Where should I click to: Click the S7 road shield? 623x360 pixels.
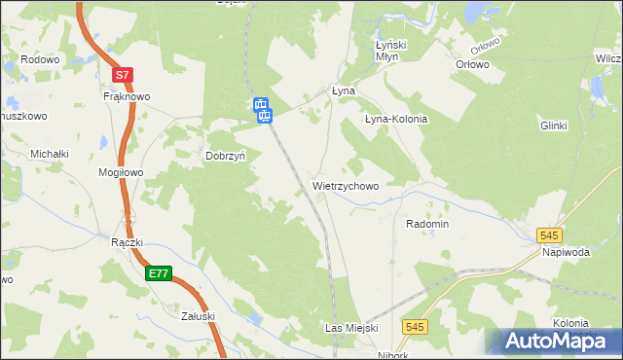(121, 75)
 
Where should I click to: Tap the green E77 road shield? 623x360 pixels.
(160, 274)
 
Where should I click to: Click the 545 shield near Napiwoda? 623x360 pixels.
(550, 234)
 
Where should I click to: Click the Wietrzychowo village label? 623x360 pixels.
(346, 185)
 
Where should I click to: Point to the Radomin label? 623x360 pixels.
(426, 223)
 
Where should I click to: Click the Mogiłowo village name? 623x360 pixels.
(121, 172)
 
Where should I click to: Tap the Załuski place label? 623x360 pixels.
(198, 315)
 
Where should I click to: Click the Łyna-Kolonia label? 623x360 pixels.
(396, 119)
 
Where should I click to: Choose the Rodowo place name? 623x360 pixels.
(40, 58)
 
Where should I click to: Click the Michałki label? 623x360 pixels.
(49, 154)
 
